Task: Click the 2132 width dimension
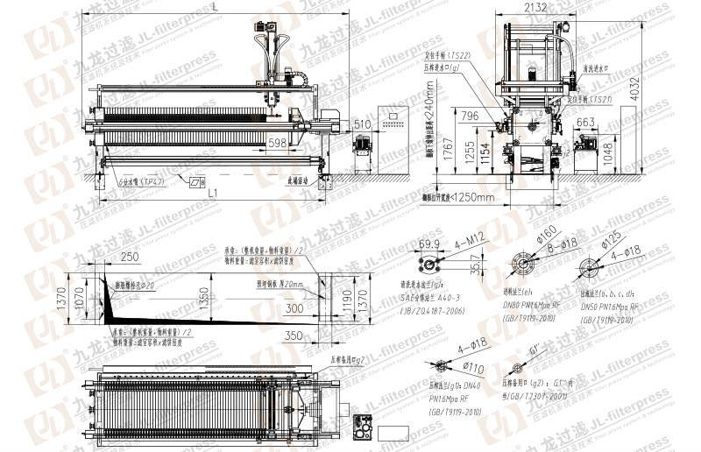[536, 8]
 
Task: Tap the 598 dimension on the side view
[278, 142]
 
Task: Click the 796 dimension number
[470, 116]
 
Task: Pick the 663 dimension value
[586, 123]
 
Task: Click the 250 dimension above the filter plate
[131, 257]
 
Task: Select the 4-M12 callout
[471, 237]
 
